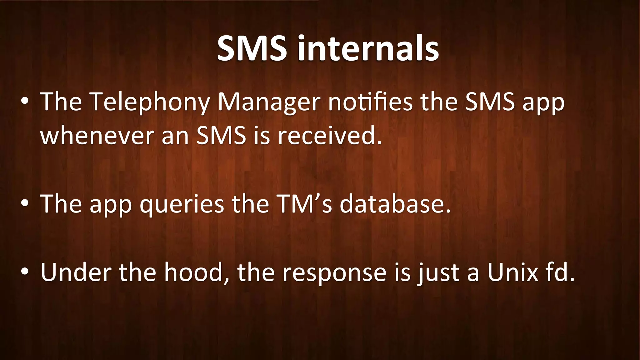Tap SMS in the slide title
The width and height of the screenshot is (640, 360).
click(x=252, y=48)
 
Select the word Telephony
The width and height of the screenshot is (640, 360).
click(x=150, y=102)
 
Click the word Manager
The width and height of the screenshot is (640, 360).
click(x=269, y=102)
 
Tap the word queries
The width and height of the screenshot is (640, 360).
click(x=182, y=204)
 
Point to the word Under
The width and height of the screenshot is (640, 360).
click(x=76, y=272)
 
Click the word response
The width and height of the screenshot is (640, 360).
click(x=334, y=273)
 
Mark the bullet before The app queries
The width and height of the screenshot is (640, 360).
click(x=25, y=204)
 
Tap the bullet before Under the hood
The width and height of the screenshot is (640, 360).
click(x=25, y=272)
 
